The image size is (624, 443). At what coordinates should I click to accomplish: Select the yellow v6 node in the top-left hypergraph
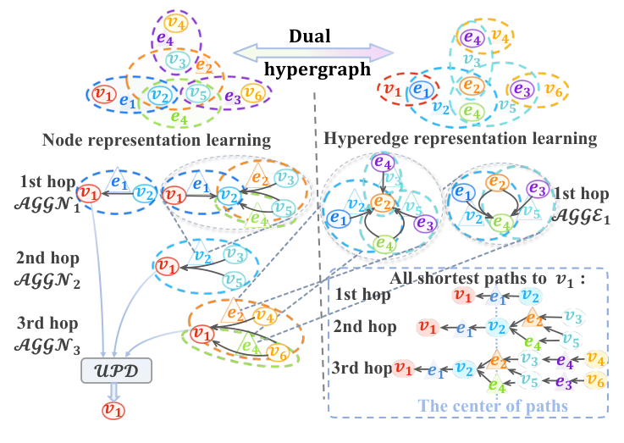(x=251, y=92)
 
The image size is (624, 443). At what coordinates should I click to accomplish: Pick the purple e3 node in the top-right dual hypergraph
(x=522, y=88)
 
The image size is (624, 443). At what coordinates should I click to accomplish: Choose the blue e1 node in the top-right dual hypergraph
(x=421, y=89)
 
